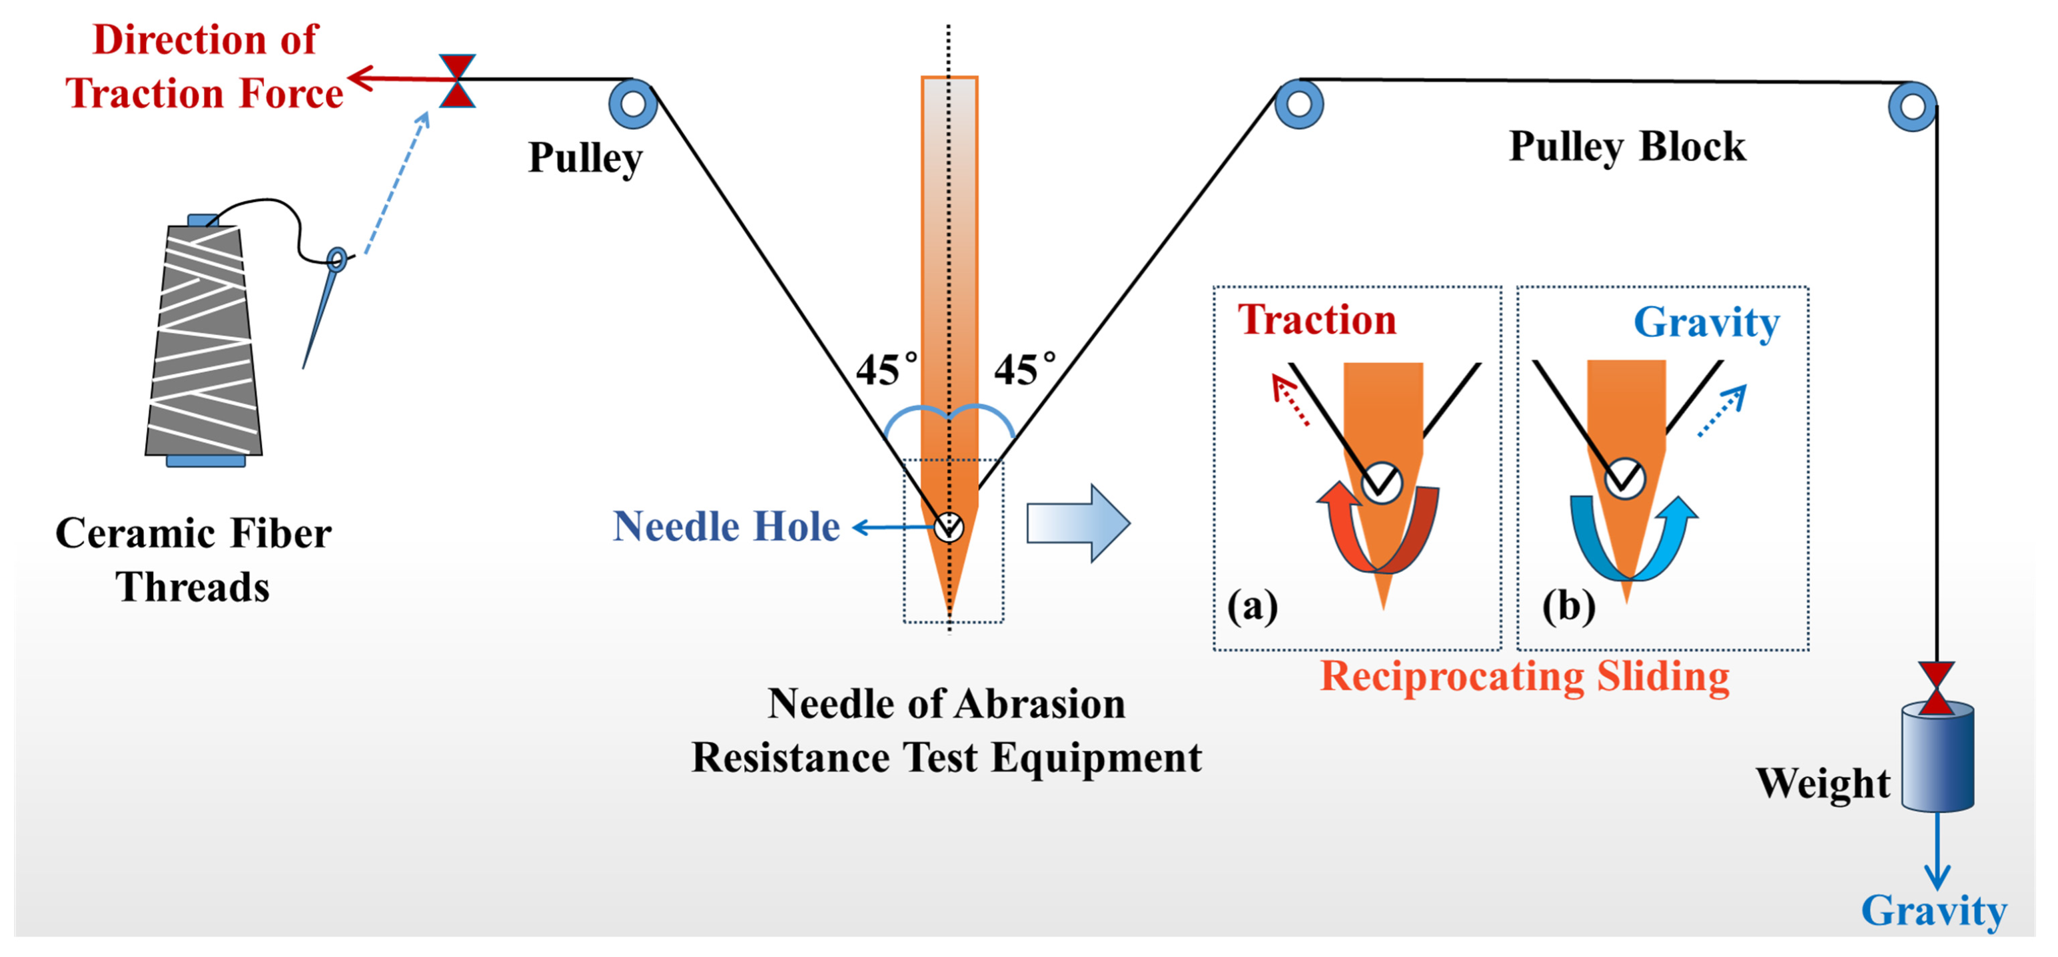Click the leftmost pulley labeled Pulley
(x=632, y=104)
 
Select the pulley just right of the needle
(x=1298, y=104)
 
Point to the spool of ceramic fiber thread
(x=204, y=340)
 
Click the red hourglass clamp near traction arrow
(x=457, y=81)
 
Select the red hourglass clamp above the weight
(x=1937, y=687)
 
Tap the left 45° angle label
(x=885, y=370)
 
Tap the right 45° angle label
(x=1023, y=370)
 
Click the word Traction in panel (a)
(x=1316, y=320)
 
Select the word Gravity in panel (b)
(x=1706, y=324)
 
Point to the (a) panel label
(x=1252, y=605)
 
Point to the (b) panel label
(x=1568, y=605)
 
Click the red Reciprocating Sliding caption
(x=1524, y=677)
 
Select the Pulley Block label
(x=1626, y=147)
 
